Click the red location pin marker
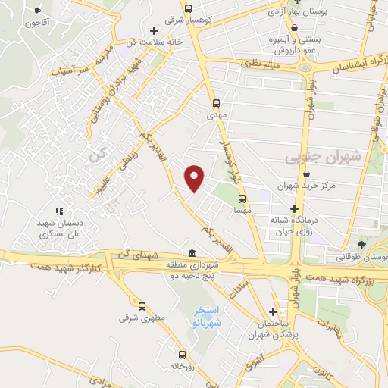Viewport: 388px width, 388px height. click(195, 178)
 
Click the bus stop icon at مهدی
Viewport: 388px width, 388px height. click(215, 103)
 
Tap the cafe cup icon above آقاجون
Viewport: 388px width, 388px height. click(39, 12)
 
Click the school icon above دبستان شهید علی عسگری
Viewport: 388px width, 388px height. click(58, 211)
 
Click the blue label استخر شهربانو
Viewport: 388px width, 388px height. click(206, 316)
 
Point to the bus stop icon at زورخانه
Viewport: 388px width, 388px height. click(180, 354)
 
